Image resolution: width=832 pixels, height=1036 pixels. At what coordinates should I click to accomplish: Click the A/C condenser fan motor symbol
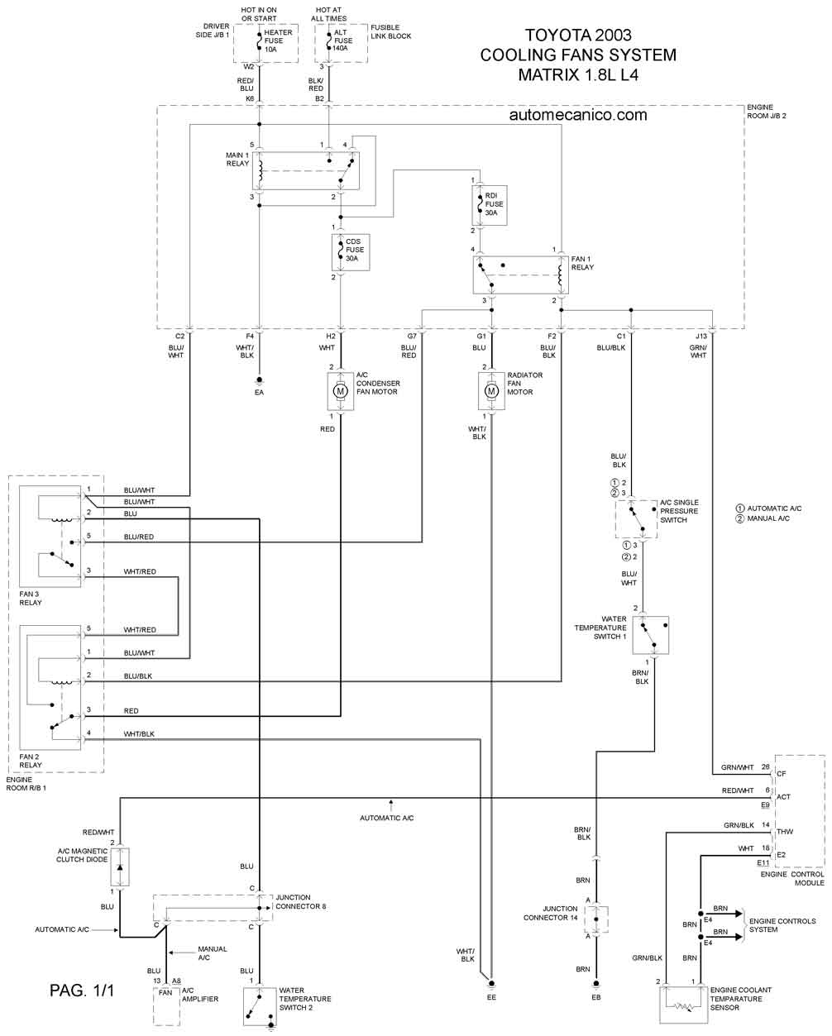341,391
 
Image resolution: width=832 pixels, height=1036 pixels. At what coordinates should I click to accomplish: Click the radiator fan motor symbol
491,391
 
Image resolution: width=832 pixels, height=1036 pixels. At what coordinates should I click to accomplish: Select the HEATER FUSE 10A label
278,41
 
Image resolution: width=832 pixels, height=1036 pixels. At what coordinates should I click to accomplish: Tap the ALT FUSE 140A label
342,41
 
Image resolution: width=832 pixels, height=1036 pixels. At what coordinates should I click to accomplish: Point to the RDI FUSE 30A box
490,204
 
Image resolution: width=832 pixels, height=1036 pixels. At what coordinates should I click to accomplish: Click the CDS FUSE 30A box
351,252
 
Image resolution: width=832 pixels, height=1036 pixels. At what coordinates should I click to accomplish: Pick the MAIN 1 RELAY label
237,160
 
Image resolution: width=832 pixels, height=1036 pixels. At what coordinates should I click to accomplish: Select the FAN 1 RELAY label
582,263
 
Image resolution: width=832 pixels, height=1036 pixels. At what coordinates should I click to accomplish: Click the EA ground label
259,393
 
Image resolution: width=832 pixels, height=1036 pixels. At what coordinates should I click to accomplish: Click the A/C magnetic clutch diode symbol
120,867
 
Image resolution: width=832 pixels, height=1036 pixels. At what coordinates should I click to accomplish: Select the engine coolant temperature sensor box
683,1005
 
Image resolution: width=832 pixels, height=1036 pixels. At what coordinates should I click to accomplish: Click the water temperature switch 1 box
651,635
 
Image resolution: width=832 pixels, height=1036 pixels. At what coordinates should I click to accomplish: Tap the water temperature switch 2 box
260,1007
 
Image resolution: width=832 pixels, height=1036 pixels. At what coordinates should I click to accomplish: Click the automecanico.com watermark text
578,115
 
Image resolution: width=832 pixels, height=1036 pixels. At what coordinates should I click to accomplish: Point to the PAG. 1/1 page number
82,991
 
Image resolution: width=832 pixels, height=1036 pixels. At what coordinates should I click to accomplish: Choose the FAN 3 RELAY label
31,599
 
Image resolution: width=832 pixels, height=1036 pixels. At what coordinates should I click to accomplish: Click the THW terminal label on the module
785,832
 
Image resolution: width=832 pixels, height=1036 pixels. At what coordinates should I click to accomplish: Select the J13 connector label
701,336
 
